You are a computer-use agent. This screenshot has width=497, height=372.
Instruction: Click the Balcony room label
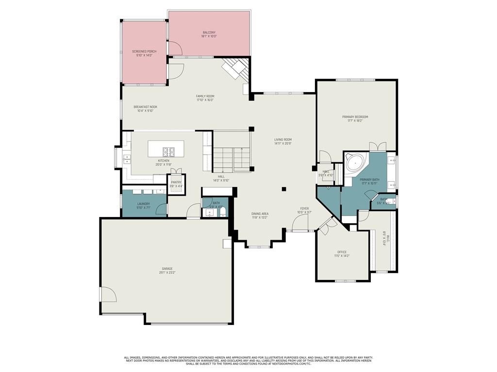tap(209, 32)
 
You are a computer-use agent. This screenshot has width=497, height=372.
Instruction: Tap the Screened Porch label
tap(144, 51)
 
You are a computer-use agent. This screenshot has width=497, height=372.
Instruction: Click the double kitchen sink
tap(127, 157)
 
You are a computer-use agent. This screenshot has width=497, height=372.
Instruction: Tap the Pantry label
tap(176, 182)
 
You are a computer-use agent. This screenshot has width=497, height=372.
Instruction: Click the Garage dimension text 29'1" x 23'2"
tap(167, 273)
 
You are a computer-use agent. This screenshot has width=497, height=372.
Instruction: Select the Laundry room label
tap(144, 204)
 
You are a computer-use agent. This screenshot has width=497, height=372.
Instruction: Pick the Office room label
tap(342, 251)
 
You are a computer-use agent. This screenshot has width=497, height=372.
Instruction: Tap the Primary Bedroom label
tap(355, 117)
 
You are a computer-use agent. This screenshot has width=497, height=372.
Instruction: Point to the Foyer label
tap(304, 208)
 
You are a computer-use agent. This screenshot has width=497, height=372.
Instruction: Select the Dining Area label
tap(260, 214)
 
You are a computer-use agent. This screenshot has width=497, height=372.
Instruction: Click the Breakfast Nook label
tap(146, 107)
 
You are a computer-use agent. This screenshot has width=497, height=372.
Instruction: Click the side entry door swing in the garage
tap(108, 294)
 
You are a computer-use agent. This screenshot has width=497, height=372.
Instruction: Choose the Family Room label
tap(205, 96)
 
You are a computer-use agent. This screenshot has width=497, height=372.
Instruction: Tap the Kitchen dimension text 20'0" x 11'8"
tap(164, 164)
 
